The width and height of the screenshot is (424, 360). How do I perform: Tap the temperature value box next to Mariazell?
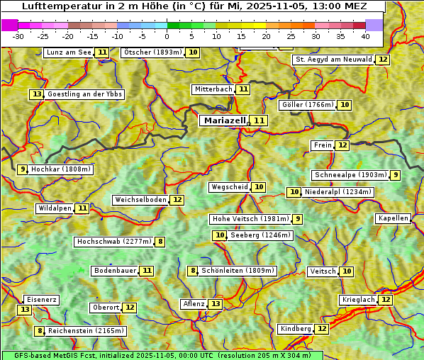point(260,120)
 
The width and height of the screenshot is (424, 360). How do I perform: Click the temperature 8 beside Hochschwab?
point(161,242)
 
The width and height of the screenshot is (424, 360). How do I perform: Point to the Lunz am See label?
point(69,52)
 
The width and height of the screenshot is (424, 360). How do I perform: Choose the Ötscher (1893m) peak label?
point(152,52)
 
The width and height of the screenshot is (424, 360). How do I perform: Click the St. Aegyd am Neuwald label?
point(333,60)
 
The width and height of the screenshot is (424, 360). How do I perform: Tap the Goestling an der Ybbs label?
point(84,94)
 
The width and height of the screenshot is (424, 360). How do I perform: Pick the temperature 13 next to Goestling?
point(37,94)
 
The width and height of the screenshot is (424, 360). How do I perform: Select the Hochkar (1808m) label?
point(61,169)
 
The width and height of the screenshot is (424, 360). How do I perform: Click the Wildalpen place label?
point(55,208)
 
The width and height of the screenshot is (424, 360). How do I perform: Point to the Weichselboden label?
point(140,200)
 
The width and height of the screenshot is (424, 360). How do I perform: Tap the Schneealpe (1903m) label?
point(350,175)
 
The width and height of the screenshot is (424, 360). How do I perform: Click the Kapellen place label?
point(393,218)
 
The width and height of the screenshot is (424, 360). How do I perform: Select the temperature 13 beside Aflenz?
point(216,304)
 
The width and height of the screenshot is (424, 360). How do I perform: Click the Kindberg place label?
point(296,329)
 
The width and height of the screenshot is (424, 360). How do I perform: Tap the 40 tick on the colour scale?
point(365,36)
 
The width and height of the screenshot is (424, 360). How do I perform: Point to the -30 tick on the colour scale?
point(18,36)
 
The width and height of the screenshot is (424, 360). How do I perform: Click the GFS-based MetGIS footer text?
point(162,355)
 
